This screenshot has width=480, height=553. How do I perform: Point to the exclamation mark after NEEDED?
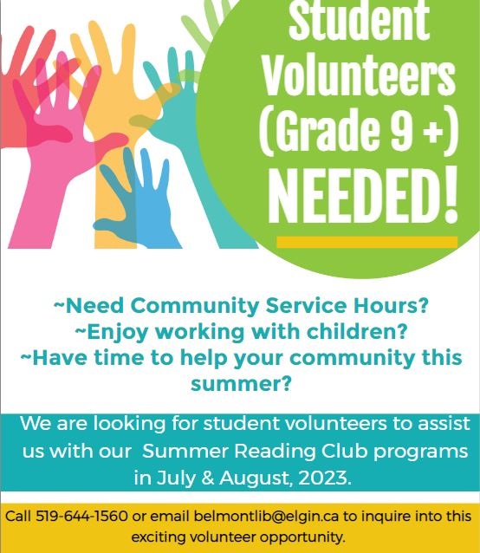pos(450,195)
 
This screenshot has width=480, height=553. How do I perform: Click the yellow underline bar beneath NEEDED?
pos(366,242)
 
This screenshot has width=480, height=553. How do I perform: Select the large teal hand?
pos(198,148)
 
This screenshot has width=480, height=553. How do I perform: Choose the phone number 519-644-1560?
pos(81,516)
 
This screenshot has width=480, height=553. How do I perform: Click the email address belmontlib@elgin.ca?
pos(266,517)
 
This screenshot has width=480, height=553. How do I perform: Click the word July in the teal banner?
pos(174,479)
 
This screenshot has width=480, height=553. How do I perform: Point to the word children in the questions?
pos(350,331)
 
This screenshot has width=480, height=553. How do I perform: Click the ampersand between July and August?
pos(208,478)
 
